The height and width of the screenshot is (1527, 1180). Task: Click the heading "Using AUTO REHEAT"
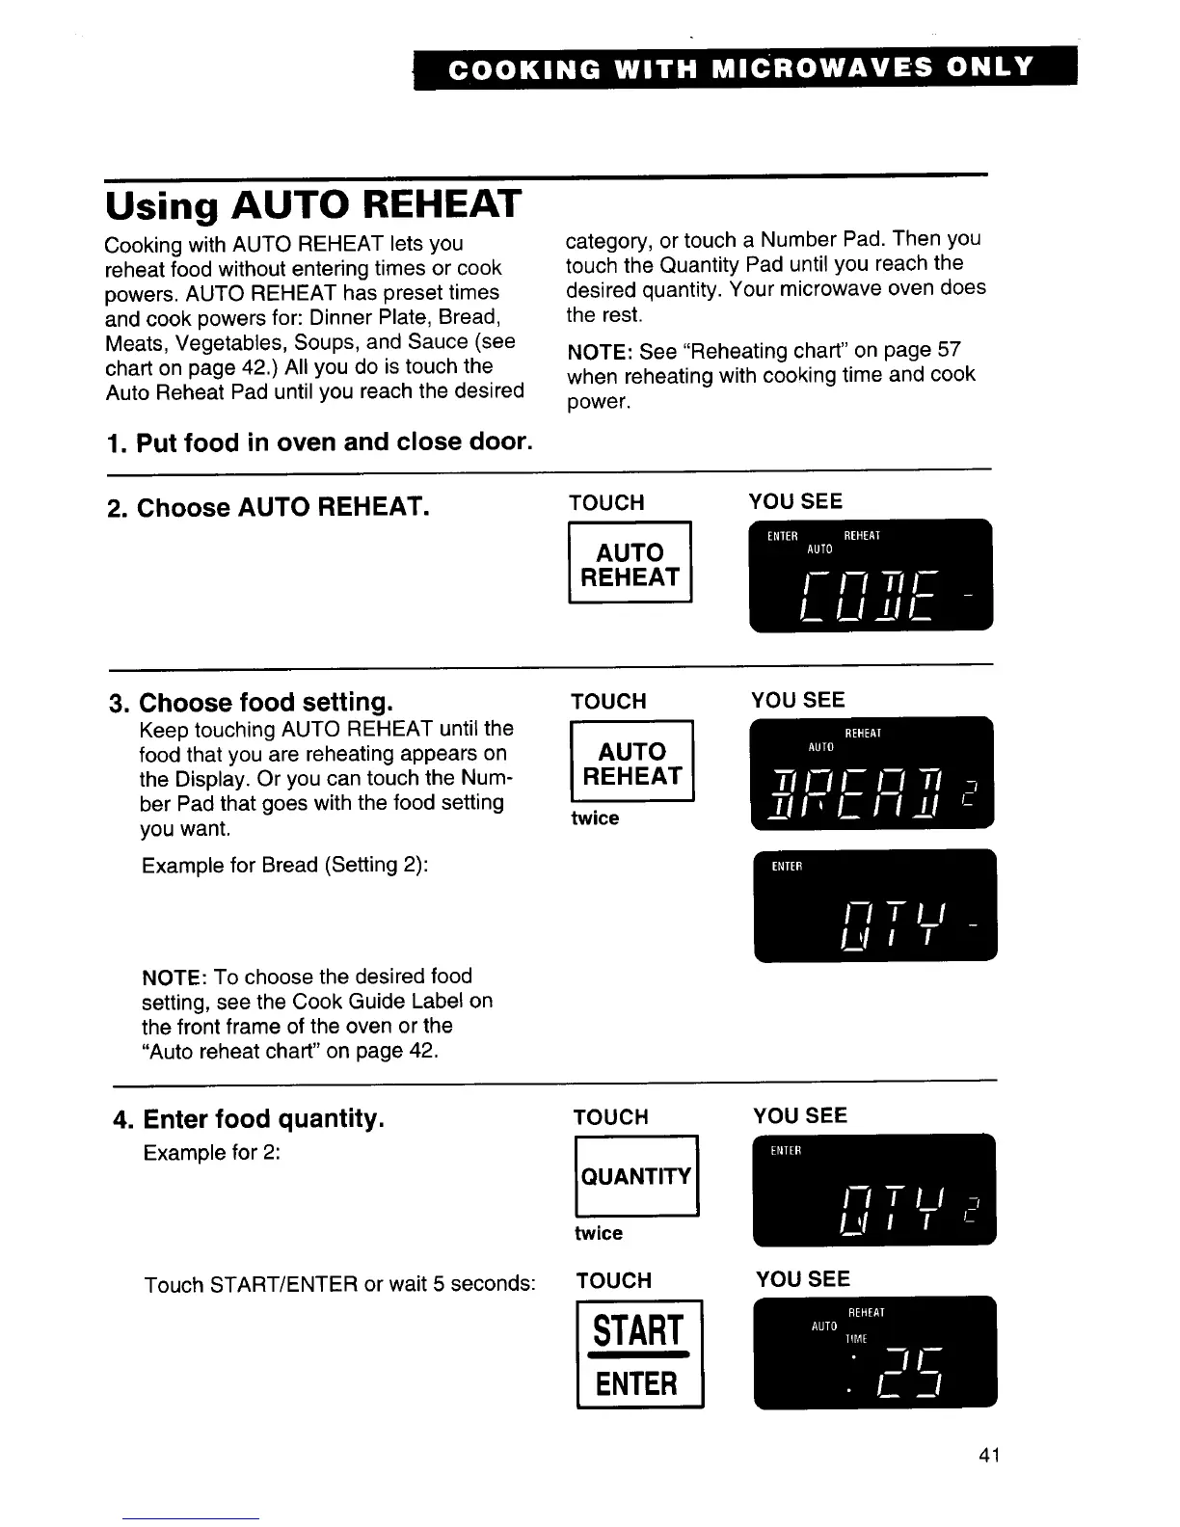coord(312,205)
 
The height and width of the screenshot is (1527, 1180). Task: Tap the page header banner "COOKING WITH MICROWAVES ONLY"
coord(743,68)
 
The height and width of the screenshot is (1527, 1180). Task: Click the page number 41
coord(988,1456)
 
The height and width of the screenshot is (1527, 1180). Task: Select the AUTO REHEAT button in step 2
coord(630,564)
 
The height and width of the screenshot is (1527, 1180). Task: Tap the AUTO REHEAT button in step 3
coord(632,763)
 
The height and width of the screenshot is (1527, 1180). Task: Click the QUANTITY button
coord(635,1176)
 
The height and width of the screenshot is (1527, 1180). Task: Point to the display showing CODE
coord(871,575)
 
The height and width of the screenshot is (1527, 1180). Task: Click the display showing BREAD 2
coord(872,773)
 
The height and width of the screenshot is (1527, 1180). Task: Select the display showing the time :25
coord(875,1353)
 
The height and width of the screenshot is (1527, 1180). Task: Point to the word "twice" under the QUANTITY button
coord(598,1233)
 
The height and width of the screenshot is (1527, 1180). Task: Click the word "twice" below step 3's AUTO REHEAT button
coord(595,818)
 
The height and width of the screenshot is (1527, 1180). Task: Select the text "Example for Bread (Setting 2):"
coord(284,865)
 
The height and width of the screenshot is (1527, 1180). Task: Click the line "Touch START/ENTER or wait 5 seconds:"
coord(339,1284)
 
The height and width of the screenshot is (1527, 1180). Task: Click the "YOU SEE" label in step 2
coord(795,501)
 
